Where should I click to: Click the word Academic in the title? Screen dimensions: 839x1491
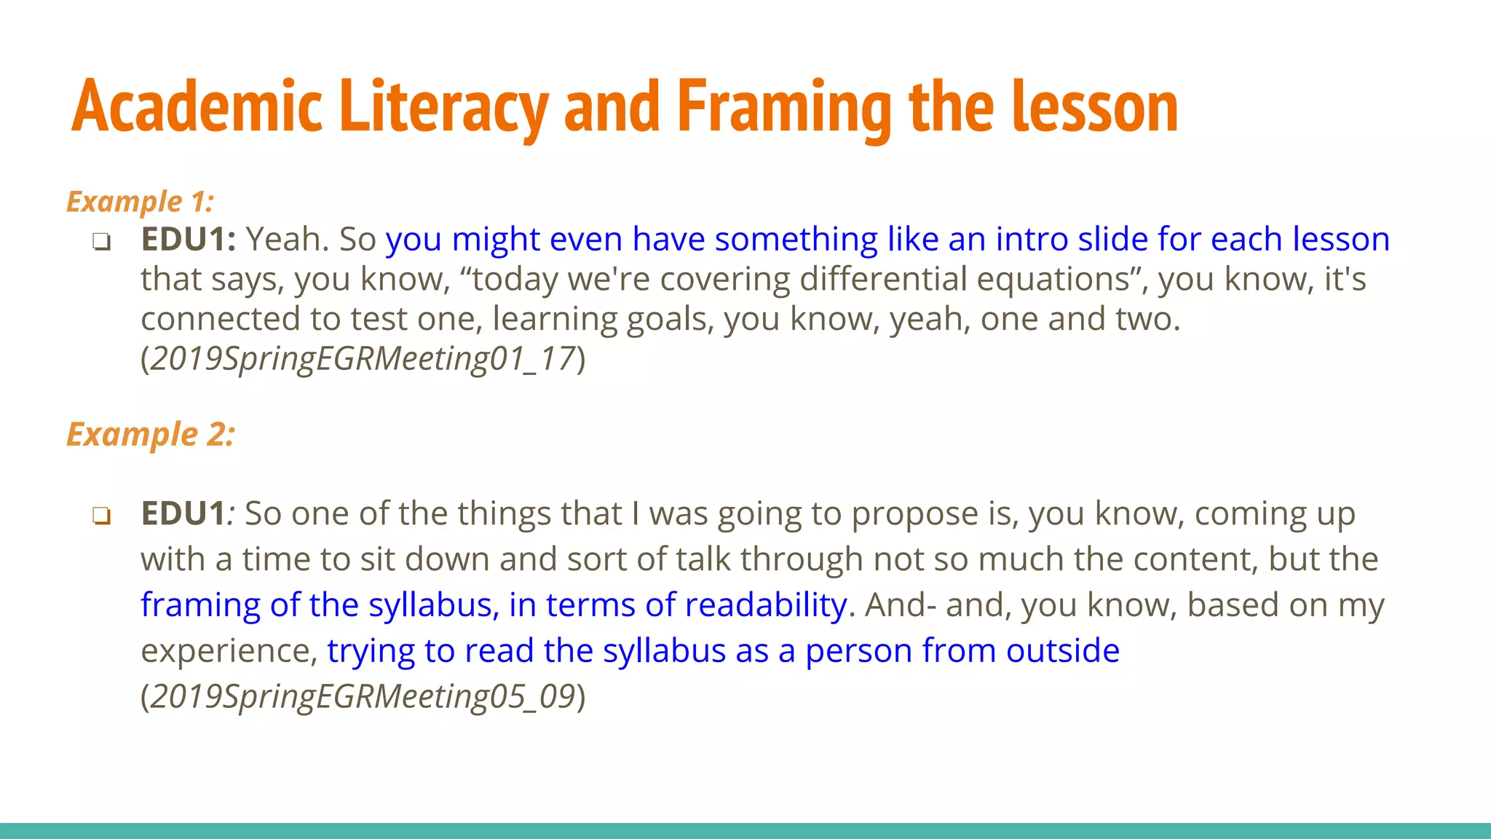coord(197,108)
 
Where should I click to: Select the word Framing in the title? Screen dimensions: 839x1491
coord(784,108)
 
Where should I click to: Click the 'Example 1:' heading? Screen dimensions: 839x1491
coord(140,202)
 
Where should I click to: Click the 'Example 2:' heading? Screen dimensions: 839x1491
coord(151,435)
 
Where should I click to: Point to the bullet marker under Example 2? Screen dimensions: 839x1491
coord(101,516)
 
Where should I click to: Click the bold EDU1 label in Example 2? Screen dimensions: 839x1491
coord(183,513)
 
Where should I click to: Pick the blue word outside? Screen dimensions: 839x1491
coord(1063,650)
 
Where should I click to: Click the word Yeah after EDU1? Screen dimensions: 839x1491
coord(287,239)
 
